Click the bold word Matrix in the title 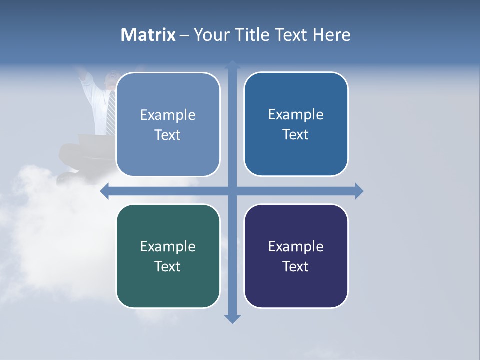pyautogui.click(x=148, y=35)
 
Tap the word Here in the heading pyautogui.click(x=332, y=35)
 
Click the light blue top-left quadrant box pyautogui.click(x=168, y=124)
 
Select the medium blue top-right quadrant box pyautogui.click(x=296, y=124)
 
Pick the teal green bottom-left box pyautogui.click(x=168, y=256)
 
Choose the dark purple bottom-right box pyautogui.click(x=296, y=256)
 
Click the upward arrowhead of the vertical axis pyautogui.click(x=232, y=64)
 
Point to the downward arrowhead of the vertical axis pyautogui.click(x=232, y=319)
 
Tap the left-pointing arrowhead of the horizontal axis pyautogui.click(x=105, y=191)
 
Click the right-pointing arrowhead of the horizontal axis pyautogui.click(x=359, y=191)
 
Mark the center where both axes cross pyautogui.click(x=232, y=191)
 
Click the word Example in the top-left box pyautogui.click(x=168, y=115)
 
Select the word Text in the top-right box pyautogui.click(x=296, y=134)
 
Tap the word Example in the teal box pyautogui.click(x=168, y=247)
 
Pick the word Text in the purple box pyautogui.click(x=296, y=266)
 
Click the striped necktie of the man pyautogui.click(x=111, y=112)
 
